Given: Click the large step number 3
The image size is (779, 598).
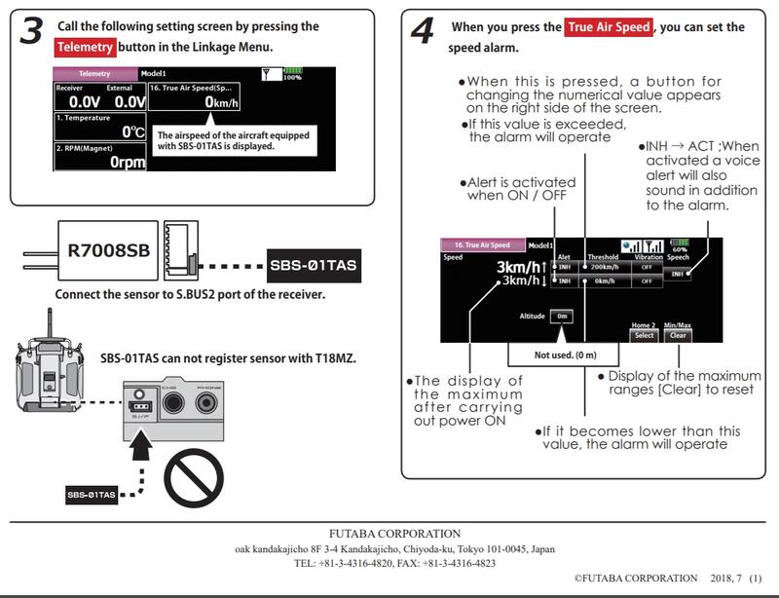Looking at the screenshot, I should pyautogui.click(x=31, y=30).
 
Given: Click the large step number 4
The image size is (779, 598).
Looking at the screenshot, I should pyautogui.click(x=422, y=31).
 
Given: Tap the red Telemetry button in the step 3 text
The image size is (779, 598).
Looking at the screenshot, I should pyautogui.click(x=86, y=46).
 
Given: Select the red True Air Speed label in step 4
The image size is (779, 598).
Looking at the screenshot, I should pyautogui.click(x=609, y=27).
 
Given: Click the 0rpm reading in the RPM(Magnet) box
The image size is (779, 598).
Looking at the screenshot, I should pyautogui.click(x=128, y=163).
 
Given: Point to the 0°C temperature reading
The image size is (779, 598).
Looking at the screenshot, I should pyautogui.click(x=133, y=131).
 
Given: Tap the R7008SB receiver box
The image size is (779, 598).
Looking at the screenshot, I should pyautogui.click(x=108, y=250).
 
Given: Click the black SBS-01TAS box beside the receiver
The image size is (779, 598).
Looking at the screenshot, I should pyautogui.click(x=313, y=264).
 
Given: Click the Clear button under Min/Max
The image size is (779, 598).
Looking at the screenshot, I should pyautogui.click(x=678, y=335).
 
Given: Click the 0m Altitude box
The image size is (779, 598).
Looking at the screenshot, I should pyautogui.click(x=561, y=316).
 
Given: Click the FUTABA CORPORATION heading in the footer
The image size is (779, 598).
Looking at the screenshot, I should pyautogui.click(x=389, y=534).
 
